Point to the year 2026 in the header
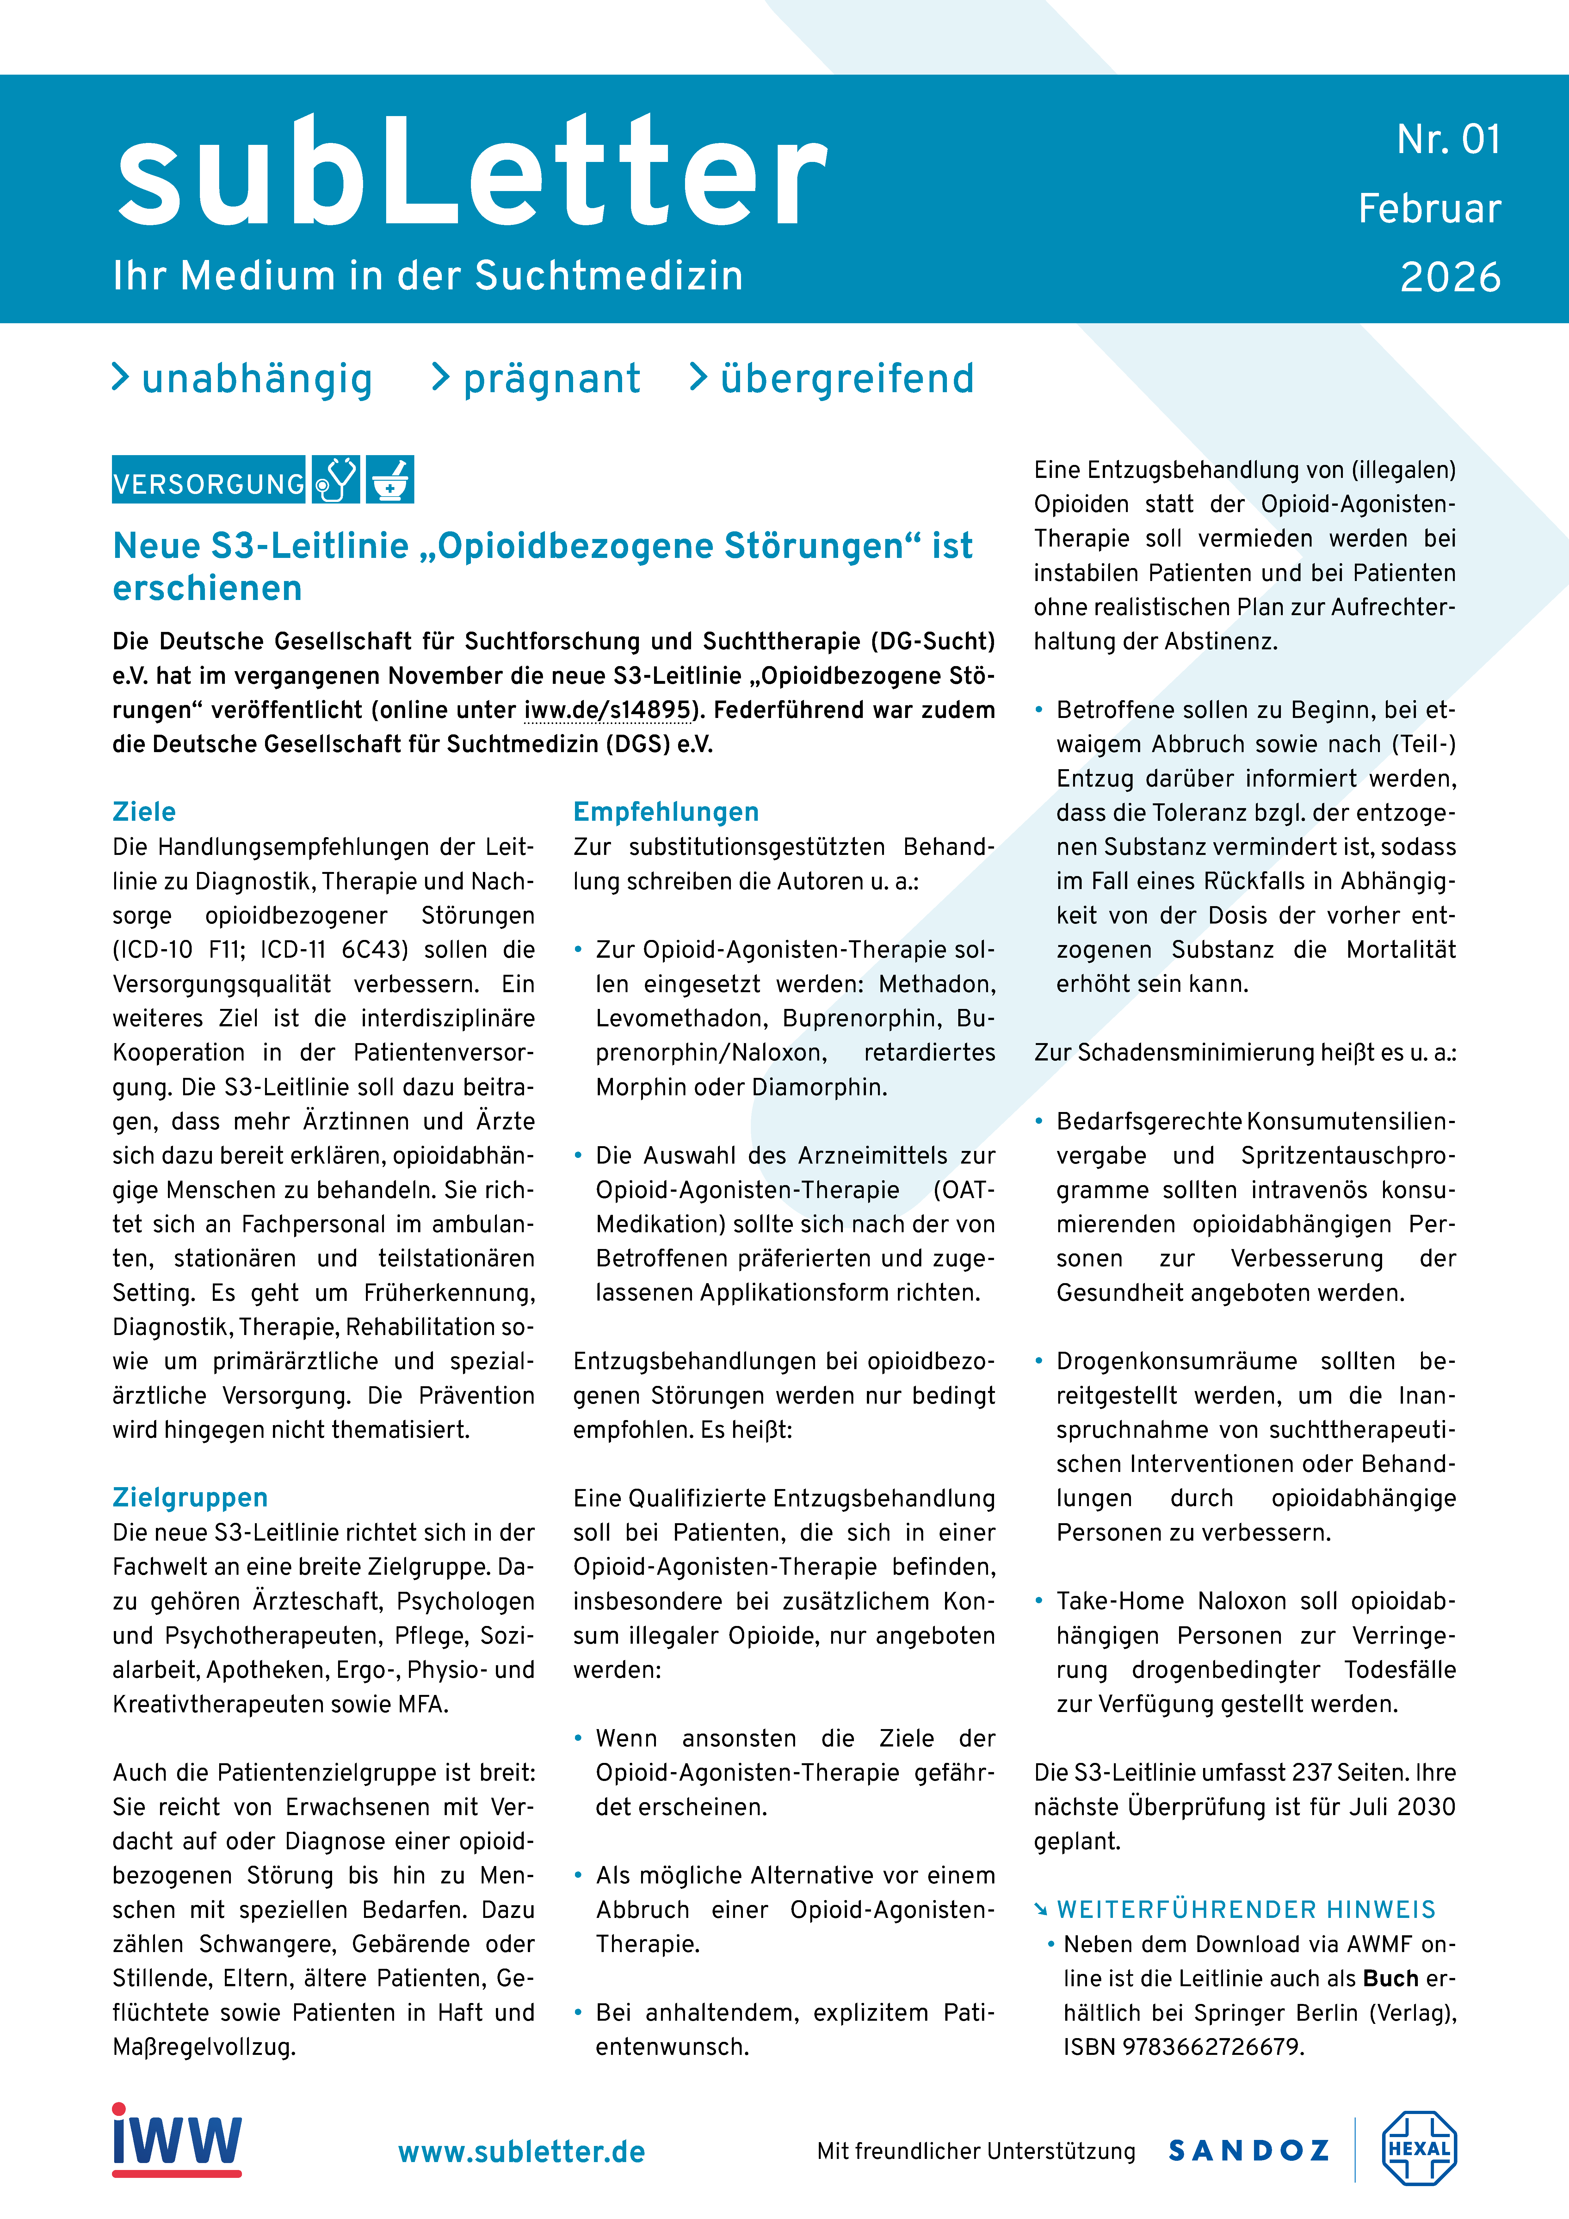(x=1450, y=277)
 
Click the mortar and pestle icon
(x=390, y=480)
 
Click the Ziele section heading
(x=144, y=812)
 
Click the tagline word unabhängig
(x=256, y=379)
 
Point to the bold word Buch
(x=1390, y=1978)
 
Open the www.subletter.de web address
(x=521, y=2152)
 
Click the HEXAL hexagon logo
(x=1418, y=2148)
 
